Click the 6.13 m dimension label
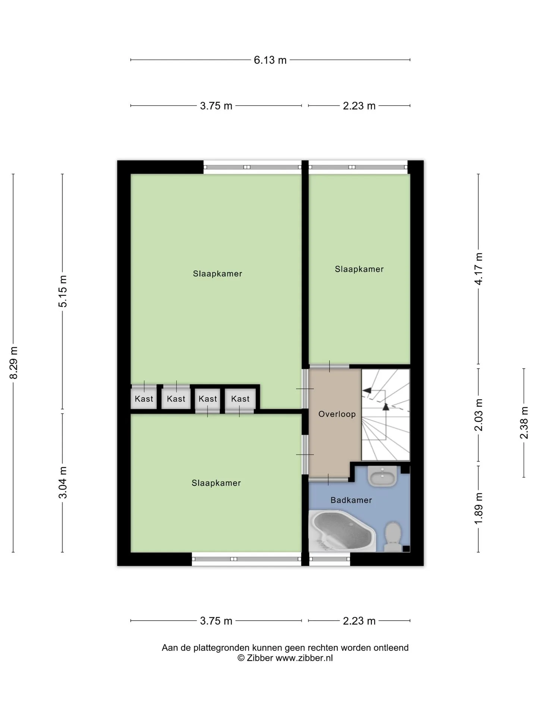click(x=270, y=60)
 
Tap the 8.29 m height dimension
click(x=14, y=363)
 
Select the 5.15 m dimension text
click(x=63, y=291)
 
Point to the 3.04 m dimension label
click(x=63, y=482)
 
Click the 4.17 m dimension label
click(x=478, y=269)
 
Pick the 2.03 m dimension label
click(x=478, y=415)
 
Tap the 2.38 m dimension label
click(x=524, y=423)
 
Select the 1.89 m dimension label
click(x=478, y=508)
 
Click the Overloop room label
click(x=337, y=414)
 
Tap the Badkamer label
click(x=351, y=500)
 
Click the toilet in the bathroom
click(x=392, y=536)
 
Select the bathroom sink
click(x=382, y=476)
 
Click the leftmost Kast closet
click(x=144, y=399)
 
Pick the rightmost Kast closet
click(x=240, y=399)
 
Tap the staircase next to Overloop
click(x=386, y=415)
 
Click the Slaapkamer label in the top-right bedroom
click(x=359, y=269)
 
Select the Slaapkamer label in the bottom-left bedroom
click(x=216, y=483)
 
